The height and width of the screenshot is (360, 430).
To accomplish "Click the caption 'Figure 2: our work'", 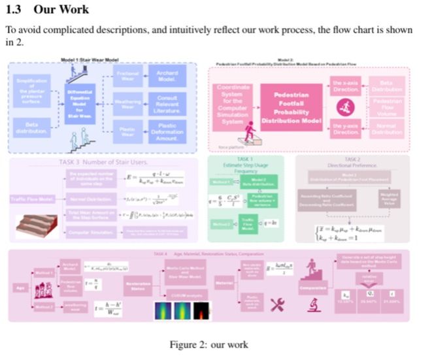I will coord(214,345).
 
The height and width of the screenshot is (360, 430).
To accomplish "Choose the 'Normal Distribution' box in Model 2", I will coord(388,129).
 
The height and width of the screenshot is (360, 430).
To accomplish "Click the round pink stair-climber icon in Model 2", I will coord(347,107).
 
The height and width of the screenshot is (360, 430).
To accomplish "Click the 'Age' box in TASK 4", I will coord(20,286).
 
